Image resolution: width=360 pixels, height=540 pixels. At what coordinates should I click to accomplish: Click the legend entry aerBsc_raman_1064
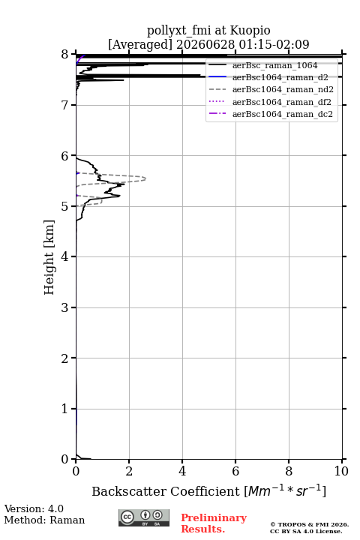(275, 65)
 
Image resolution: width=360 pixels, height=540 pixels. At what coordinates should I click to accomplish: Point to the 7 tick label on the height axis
(64, 105)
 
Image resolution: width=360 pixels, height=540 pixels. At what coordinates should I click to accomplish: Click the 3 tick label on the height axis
(64, 307)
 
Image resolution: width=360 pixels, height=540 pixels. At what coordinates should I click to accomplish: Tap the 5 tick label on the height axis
(64, 206)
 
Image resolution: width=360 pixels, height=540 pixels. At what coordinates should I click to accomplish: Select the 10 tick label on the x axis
(341, 471)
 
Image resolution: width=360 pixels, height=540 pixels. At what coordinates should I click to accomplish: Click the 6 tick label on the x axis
(235, 471)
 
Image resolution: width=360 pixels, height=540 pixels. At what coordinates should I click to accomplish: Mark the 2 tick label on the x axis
(129, 471)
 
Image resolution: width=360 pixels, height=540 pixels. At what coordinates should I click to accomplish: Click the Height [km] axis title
(49, 257)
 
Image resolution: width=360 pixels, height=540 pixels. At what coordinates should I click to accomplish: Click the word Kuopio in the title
(250, 30)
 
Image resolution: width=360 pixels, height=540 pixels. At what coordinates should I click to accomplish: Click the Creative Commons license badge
(144, 518)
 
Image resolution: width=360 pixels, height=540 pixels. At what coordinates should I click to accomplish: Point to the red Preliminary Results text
(214, 523)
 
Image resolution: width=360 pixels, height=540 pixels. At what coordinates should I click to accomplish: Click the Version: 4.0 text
(34, 508)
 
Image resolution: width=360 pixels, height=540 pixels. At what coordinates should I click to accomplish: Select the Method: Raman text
(44, 520)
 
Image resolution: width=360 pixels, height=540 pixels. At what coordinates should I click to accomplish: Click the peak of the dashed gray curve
(145, 178)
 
